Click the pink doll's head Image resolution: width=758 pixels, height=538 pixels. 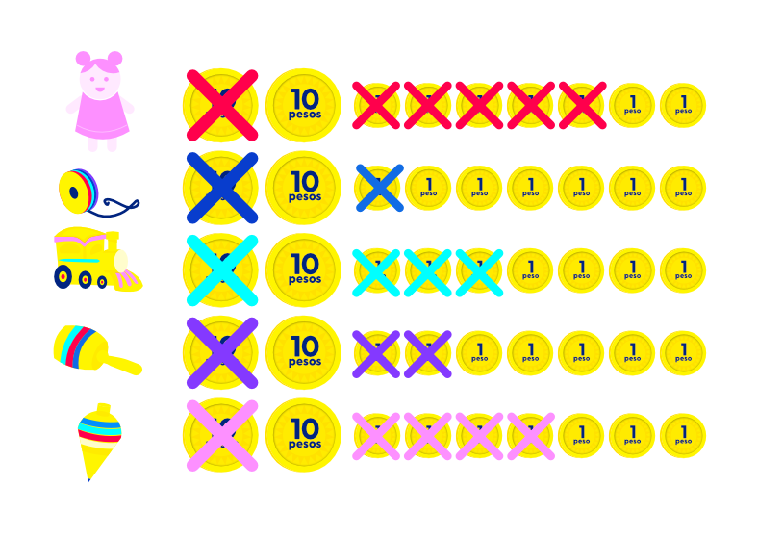tap(99, 74)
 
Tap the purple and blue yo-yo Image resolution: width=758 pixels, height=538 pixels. tap(78, 190)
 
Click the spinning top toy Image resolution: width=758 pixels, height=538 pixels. tap(98, 439)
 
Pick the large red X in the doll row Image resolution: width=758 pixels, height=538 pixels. tap(221, 105)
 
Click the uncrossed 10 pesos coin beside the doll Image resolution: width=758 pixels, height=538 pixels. tap(303, 105)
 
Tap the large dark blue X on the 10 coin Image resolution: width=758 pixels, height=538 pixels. tap(221, 188)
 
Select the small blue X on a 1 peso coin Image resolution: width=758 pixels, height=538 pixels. tap(378, 188)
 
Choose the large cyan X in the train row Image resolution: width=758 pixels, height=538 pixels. tap(221, 270)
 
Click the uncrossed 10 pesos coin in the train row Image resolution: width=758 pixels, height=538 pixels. tap(303, 270)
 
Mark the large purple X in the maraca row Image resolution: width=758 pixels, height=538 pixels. tap(221, 352)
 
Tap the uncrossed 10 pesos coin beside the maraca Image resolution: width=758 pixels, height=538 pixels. tap(303, 352)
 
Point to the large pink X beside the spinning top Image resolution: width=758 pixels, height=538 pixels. tap(221, 435)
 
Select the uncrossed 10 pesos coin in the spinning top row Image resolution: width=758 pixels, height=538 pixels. tap(303, 435)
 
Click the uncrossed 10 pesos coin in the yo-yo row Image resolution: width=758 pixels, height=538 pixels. tap(303, 188)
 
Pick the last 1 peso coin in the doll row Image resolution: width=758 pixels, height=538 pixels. tap(683, 105)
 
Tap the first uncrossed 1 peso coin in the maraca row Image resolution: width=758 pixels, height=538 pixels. tap(479, 353)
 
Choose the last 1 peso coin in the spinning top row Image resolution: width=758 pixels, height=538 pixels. tap(683, 435)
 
